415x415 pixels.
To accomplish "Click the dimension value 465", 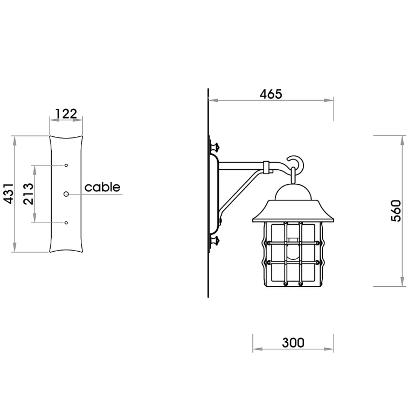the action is click(271, 94).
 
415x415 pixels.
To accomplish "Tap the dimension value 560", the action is click(396, 211).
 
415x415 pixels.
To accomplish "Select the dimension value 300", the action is click(293, 342).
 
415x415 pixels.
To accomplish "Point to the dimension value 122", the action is click(66, 114).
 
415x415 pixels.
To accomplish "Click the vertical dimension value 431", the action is click(9, 193).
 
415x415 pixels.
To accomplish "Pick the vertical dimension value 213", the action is click(29, 193).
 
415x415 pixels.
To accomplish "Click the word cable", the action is click(102, 187).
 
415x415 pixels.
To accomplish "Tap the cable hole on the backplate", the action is click(66, 194).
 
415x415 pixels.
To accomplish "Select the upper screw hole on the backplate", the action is click(66, 165).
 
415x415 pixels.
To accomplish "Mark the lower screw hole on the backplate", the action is click(66, 223).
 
